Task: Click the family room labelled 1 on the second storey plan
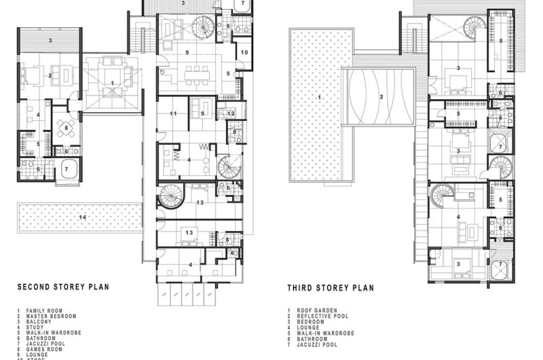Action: tap(112, 82)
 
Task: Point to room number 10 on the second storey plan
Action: tap(244, 52)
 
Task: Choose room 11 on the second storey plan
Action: tap(174, 113)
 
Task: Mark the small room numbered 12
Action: tap(231, 113)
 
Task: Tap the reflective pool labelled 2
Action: tap(381, 97)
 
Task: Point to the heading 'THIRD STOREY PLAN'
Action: tap(330, 287)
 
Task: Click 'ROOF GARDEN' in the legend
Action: tap(313, 310)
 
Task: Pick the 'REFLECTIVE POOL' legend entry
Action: tap(318, 317)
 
